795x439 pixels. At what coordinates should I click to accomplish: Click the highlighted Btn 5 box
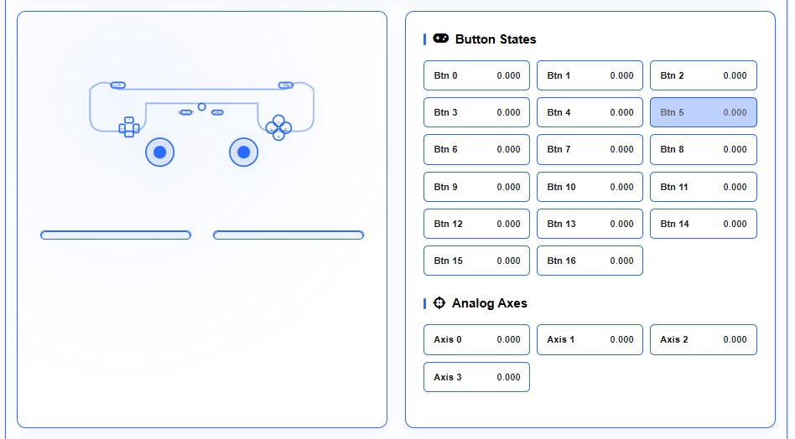703,112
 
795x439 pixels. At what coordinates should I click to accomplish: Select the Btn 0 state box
476,75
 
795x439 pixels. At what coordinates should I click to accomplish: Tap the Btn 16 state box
590,261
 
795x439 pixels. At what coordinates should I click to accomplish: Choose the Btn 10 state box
590,187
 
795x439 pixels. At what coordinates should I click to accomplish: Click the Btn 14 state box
703,224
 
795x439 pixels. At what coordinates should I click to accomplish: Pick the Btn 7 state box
590,149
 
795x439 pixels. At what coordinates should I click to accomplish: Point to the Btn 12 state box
476,224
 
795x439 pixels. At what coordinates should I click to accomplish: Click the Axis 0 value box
476,339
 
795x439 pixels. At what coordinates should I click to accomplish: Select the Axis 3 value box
476,377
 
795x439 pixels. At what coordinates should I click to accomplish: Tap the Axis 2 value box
703,339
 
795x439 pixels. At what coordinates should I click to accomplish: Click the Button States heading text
495,39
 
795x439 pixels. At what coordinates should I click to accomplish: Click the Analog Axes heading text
489,303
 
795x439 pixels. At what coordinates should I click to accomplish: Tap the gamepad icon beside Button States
441,39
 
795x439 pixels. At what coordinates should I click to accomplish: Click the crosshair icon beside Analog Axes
439,303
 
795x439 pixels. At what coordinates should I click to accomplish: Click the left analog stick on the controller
159,152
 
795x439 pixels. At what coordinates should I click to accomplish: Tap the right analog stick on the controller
243,152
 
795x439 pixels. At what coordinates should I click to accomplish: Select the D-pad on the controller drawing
129,127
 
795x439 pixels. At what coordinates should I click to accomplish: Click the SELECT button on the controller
185,112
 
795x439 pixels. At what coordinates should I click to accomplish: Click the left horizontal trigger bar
116,235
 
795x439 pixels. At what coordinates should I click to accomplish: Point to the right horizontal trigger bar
288,235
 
